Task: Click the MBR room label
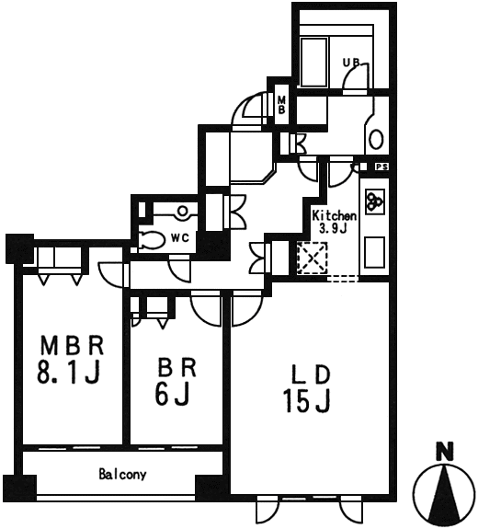[72, 345]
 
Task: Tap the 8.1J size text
[69, 373]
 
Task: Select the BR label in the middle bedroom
[176, 368]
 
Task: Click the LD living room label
[310, 374]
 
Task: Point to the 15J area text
[307, 400]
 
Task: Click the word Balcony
[122, 475]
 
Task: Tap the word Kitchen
[334, 215]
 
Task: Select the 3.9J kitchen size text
[333, 228]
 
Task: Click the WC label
[179, 238]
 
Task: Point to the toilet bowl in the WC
[152, 239]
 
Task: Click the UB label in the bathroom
[351, 63]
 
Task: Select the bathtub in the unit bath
[313, 63]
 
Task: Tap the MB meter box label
[281, 105]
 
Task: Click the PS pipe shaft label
[381, 167]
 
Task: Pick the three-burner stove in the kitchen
[374, 201]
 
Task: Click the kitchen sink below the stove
[374, 252]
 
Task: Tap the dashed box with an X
[313, 258]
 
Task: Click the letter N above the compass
[445, 452]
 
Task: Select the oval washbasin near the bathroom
[376, 139]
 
